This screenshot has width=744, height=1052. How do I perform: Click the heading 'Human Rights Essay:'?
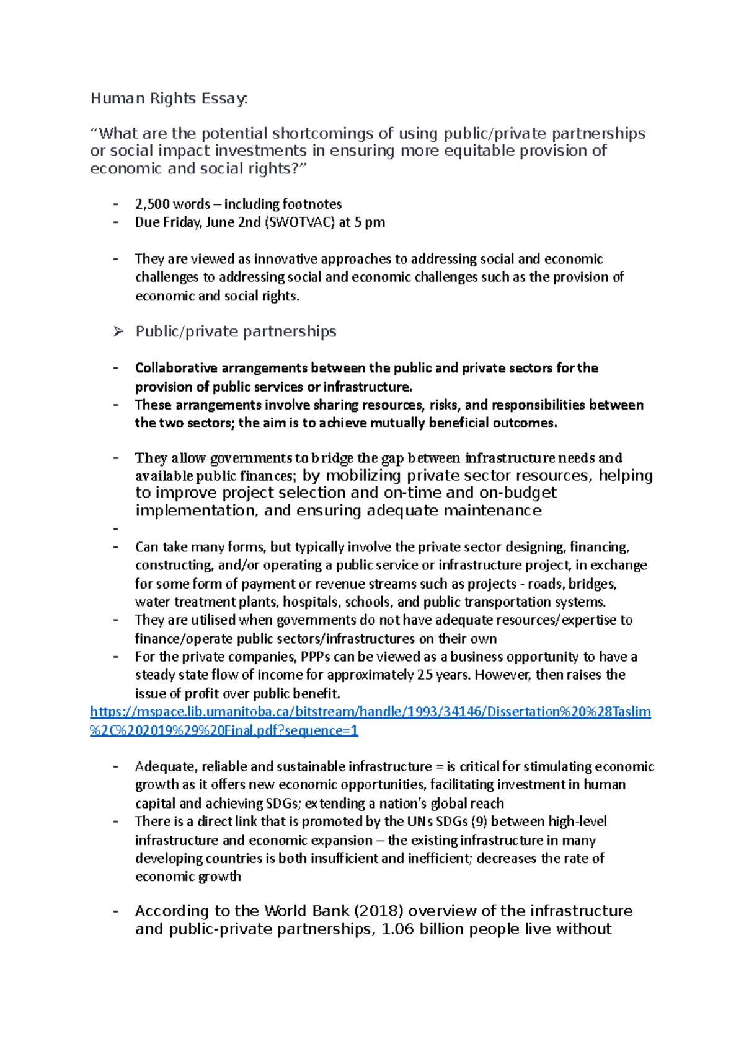(x=169, y=99)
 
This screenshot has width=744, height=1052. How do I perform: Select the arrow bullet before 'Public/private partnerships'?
(x=118, y=332)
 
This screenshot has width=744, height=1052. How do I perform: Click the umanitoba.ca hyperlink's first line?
(x=370, y=712)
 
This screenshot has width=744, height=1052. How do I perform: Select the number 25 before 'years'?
(x=425, y=675)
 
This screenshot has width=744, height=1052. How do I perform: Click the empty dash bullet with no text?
(x=116, y=529)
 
